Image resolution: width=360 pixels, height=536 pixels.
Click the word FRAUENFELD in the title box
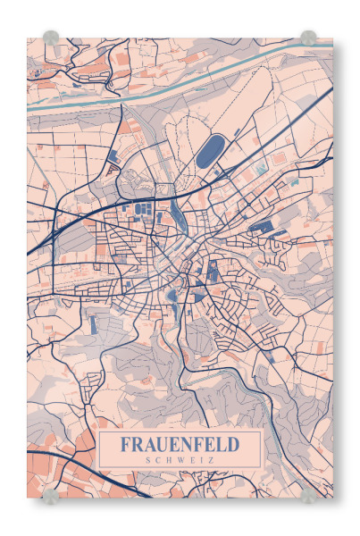[180, 444]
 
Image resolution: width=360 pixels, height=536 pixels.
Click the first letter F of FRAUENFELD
[125, 444]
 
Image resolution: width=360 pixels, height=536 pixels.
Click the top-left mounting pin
[51, 38]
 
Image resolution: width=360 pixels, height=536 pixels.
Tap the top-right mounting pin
[308, 38]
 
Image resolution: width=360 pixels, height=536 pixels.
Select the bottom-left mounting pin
[51, 495]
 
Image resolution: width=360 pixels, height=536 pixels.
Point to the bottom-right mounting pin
[308, 495]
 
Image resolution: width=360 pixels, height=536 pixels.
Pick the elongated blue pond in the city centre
[181, 215]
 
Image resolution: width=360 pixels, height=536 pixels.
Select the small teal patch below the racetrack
[260, 169]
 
